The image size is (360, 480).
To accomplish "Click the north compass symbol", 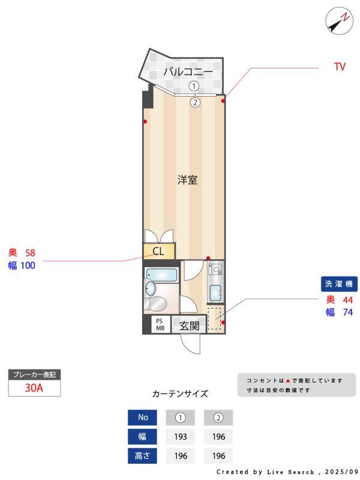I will pos(340,21).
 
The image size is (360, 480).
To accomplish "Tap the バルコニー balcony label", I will pos(188,72).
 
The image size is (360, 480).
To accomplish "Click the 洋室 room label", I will pos(187,179).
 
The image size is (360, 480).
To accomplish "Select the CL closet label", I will pos(158,251).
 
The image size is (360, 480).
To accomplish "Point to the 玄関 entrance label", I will pos(189,326).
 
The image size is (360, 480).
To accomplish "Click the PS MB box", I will pos(160,325).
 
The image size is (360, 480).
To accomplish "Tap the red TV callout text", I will pos(340,67).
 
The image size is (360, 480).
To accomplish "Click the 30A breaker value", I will pos(34,388).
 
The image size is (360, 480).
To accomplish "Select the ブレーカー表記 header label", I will pos(34,374).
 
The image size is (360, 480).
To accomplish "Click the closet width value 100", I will pos(28,265).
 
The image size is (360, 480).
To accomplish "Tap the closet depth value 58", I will pos(31,253).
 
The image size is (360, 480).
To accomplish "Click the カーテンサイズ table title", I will pos(180,394).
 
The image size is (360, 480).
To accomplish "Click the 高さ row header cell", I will pos(142,456).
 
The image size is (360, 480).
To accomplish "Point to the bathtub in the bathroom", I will pos(161,277).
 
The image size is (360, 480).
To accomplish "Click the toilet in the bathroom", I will pos(157,302).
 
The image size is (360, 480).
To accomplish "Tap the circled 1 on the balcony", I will pos(195,86).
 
